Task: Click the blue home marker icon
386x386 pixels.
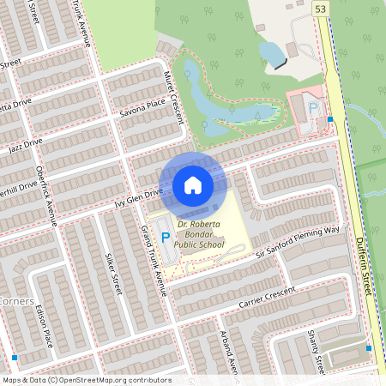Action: (193, 185)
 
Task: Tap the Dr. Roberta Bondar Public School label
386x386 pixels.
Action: (198, 234)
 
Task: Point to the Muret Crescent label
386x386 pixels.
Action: (174, 97)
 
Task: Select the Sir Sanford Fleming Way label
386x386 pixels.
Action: (298, 243)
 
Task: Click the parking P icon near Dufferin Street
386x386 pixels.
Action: (313, 109)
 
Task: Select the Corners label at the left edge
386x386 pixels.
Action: (16, 302)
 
